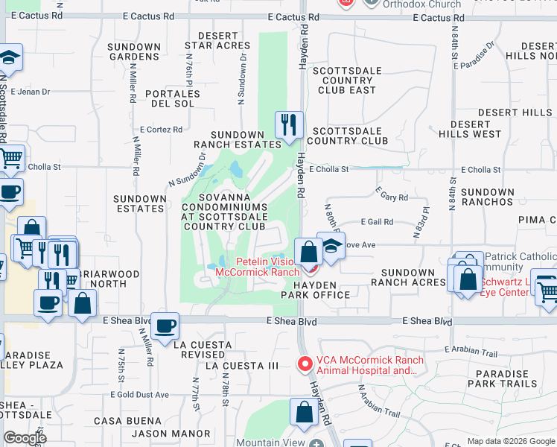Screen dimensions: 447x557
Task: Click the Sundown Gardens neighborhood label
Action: click(134, 51)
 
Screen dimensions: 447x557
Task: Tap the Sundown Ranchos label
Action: click(488, 197)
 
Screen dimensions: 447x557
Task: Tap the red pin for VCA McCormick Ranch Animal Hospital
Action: click(305, 365)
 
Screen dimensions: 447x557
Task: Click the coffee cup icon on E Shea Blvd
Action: click(165, 325)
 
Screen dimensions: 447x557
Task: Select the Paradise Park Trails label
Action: click(503, 378)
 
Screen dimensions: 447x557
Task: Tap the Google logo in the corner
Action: click(25, 438)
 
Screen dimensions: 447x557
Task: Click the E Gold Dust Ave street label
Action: click(139, 395)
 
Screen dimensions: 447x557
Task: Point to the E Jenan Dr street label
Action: click(31, 92)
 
